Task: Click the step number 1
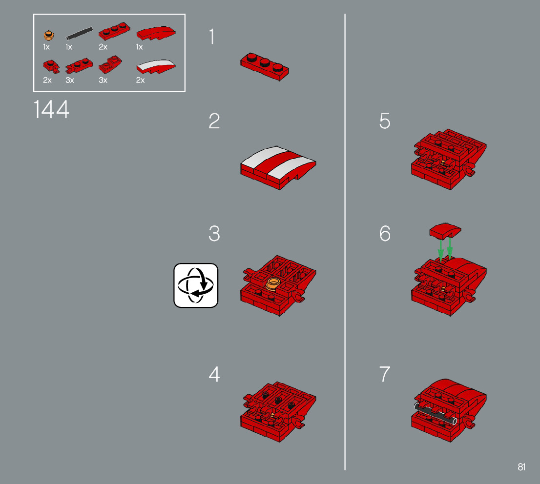tap(212, 37)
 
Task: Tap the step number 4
tap(214, 374)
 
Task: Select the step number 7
tap(385, 374)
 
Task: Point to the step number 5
tap(385, 121)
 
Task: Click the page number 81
tap(521, 467)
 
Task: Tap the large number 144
tap(51, 109)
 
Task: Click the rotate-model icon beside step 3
tap(196, 285)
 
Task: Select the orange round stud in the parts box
tap(49, 35)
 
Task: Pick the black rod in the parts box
tap(79, 33)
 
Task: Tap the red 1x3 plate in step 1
tap(265, 66)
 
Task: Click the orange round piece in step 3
tap(273, 284)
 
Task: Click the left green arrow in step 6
tap(440, 250)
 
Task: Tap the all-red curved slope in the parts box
tap(156, 33)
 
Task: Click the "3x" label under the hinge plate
tap(69, 80)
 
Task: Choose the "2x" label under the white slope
tap(140, 80)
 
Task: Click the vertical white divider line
tap(345, 242)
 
